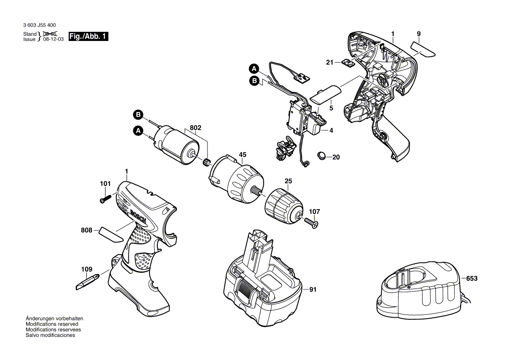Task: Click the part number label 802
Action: click(196, 128)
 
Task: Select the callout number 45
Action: click(243, 154)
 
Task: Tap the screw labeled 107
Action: click(313, 224)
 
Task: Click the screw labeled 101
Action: click(103, 199)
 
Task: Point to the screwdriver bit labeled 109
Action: click(87, 282)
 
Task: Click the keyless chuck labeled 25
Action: click(283, 206)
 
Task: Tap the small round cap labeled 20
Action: click(322, 155)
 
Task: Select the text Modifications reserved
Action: click(52, 324)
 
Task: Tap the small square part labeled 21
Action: click(347, 64)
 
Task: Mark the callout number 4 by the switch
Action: click(331, 130)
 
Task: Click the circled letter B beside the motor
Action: click(138, 115)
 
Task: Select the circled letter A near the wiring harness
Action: click(254, 68)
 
